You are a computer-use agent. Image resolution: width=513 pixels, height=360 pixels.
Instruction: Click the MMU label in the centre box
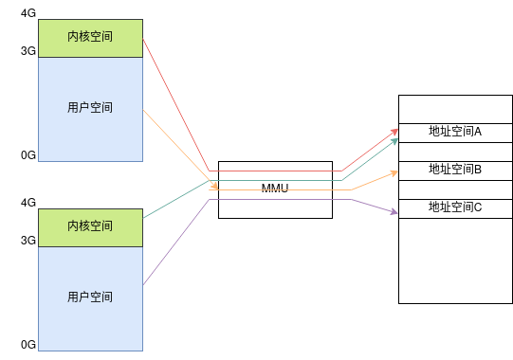(275, 189)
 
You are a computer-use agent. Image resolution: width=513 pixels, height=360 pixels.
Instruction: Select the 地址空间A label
(455, 132)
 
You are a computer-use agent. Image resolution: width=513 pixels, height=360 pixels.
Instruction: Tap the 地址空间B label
(455, 170)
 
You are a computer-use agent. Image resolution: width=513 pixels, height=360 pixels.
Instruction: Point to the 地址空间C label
(455, 207)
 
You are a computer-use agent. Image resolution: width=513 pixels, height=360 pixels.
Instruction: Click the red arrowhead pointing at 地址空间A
(394, 132)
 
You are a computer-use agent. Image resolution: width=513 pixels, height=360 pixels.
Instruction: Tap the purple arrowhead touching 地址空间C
(394, 212)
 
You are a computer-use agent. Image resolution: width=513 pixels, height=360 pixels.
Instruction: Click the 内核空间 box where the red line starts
(90, 37)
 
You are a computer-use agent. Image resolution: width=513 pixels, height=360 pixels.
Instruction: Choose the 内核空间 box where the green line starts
(90, 226)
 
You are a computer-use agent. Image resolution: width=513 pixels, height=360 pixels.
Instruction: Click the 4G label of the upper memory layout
(27, 13)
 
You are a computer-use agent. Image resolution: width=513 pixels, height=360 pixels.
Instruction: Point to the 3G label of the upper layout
(27, 51)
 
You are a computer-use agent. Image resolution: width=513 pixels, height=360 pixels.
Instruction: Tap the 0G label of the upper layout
(27, 154)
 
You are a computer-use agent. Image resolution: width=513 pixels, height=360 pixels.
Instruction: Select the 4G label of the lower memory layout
(27, 203)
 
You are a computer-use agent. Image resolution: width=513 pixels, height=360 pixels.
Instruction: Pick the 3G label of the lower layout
(27, 241)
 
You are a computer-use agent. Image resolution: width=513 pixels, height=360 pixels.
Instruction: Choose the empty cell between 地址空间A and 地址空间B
(455, 152)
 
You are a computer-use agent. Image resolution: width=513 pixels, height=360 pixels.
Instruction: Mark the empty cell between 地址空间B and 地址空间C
(455, 189)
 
